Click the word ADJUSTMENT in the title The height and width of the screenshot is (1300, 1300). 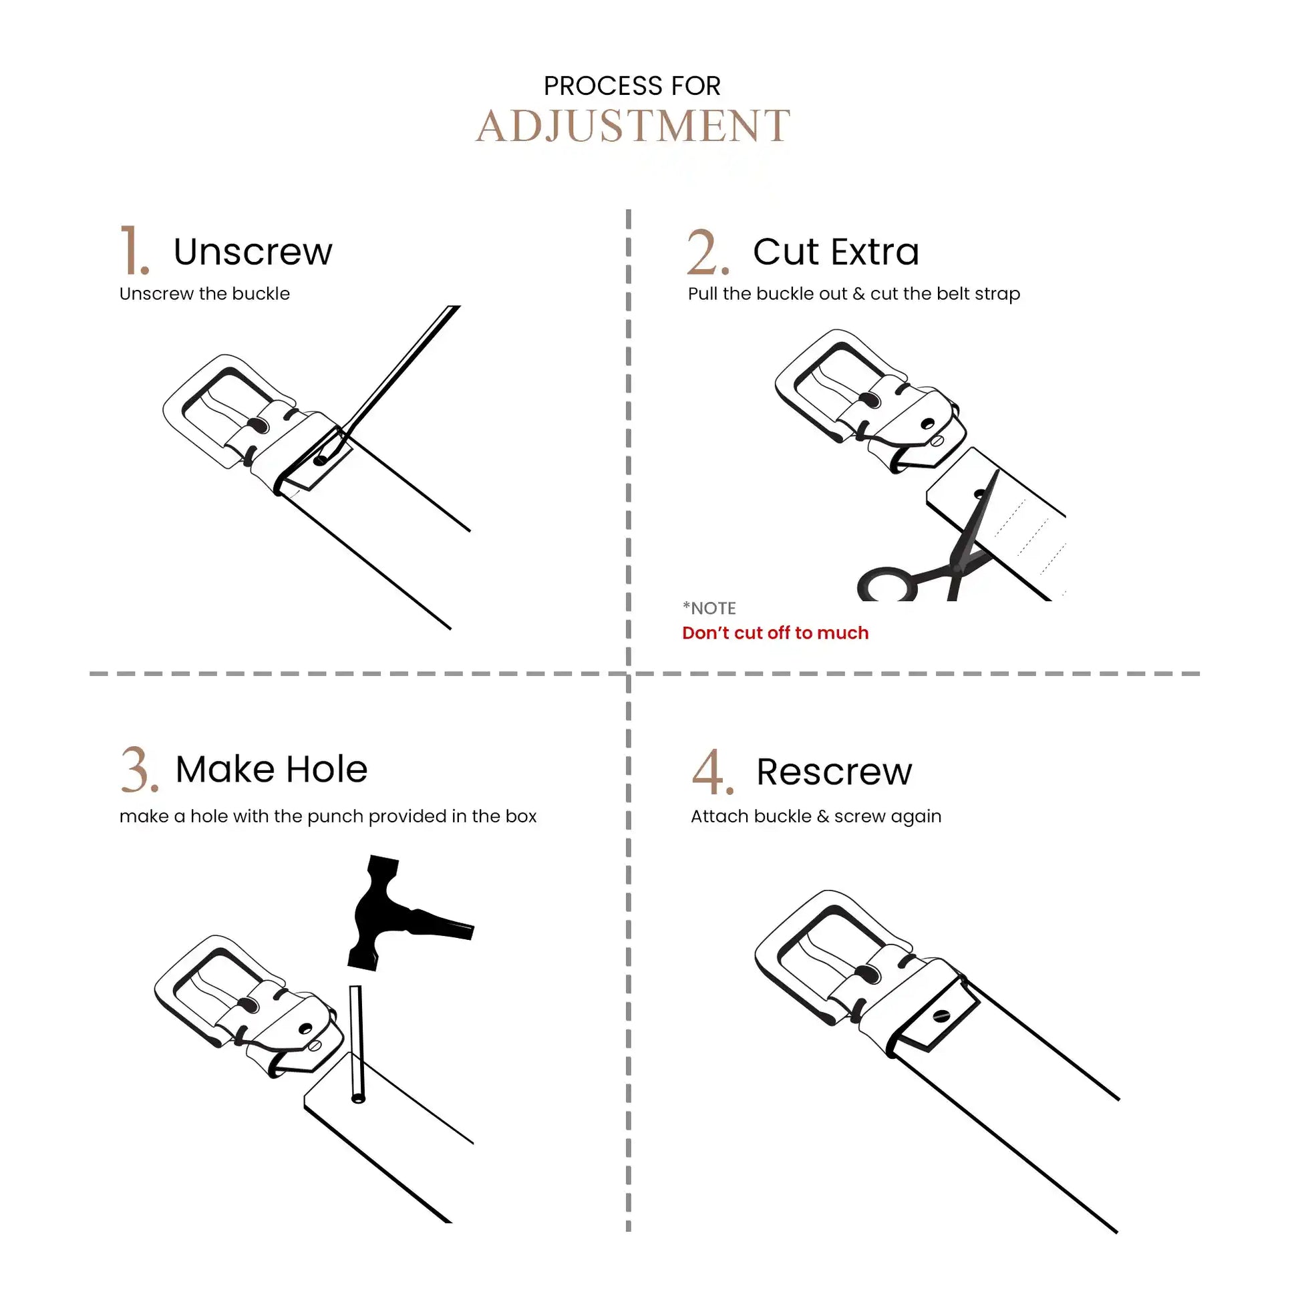633,126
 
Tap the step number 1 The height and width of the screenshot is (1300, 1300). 133,251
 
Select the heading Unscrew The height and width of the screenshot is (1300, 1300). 253,252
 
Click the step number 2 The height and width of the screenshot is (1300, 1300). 707,252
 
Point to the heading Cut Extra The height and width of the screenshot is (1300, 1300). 836,252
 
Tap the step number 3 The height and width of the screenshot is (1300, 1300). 139,770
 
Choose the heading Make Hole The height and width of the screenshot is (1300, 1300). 271,769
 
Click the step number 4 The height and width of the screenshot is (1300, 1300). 712,772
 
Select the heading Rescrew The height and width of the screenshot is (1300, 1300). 834,772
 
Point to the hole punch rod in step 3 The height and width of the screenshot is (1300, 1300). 357,1043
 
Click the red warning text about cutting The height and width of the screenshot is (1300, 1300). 775,633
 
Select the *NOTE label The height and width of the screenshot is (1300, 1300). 709,609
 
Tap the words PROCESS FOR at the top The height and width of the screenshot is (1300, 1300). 632,86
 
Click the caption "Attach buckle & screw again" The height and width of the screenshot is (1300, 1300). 816,816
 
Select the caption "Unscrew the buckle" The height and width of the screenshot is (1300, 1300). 204,294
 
